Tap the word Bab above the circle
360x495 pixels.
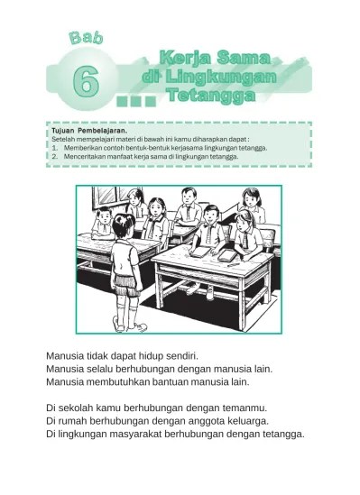87,38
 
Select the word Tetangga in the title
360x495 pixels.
211,95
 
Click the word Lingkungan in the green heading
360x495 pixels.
221,77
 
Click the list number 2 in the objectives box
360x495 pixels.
55,156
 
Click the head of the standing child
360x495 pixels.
122,226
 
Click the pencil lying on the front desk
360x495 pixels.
234,264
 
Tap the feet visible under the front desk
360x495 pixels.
200,290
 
